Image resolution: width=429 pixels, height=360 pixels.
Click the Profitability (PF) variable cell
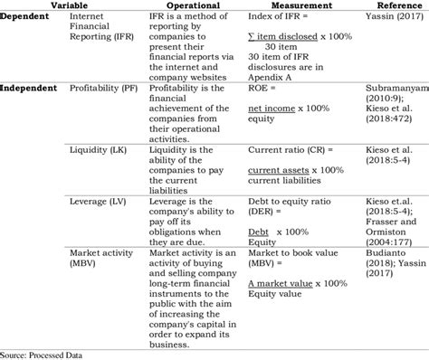tap(105, 89)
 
